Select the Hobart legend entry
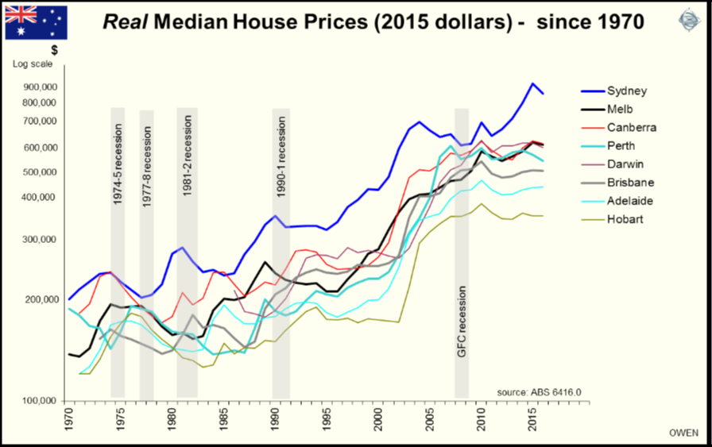pos(622,219)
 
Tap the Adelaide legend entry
pos(627,201)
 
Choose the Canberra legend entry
pos(631,128)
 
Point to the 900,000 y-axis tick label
pos(37,87)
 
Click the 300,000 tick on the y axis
pos(37,240)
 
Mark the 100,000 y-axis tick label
pos(37,401)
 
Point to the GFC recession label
pos(461,319)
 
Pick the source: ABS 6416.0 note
pos(539,391)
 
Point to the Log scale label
pos(30,64)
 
